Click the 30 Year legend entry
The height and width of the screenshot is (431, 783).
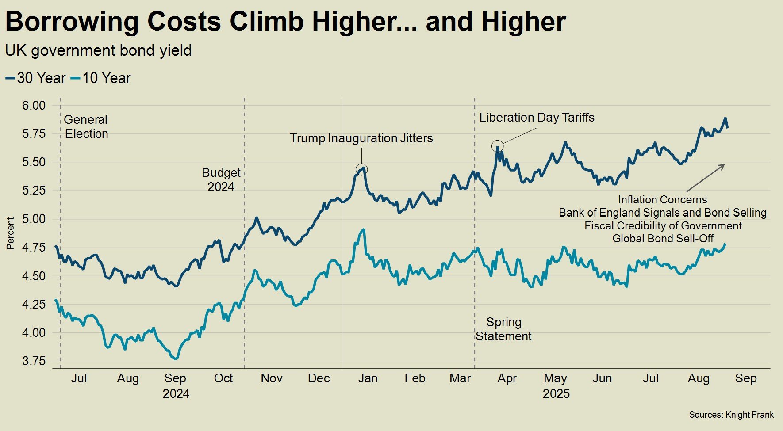click(x=36, y=78)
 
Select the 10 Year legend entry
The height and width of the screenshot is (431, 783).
click(x=101, y=78)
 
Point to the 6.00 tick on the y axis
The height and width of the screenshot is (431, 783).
click(x=34, y=105)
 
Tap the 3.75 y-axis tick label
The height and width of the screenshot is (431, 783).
click(x=34, y=361)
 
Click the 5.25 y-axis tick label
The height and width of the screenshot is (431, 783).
click(x=34, y=191)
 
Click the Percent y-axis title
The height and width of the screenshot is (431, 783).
click(x=10, y=233)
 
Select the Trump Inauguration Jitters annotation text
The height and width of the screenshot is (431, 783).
click(x=361, y=138)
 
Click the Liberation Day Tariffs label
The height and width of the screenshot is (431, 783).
click(x=537, y=118)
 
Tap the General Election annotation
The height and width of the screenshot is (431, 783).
click(x=86, y=127)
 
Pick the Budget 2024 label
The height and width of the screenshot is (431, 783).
click(x=221, y=179)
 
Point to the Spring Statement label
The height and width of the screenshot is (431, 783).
click(x=503, y=329)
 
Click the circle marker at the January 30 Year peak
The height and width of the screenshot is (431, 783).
click(x=361, y=169)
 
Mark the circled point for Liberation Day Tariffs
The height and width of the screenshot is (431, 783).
click(x=497, y=146)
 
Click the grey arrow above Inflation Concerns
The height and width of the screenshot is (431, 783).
click(x=705, y=177)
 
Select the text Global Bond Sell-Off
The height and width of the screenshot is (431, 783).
click(x=663, y=239)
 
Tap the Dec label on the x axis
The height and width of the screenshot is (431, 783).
click(x=319, y=378)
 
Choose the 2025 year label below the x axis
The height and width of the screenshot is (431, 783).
click(x=556, y=394)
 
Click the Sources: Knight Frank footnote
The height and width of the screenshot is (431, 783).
click(x=731, y=415)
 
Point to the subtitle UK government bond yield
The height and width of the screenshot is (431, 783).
click(x=98, y=51)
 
